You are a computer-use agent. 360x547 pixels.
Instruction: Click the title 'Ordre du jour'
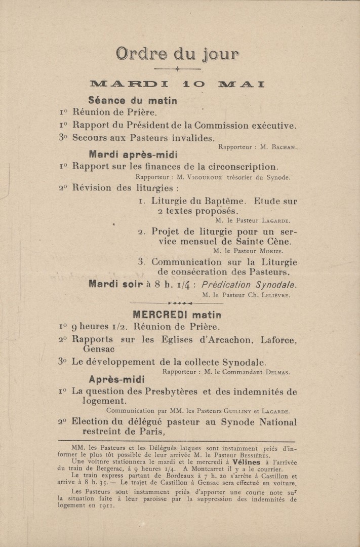tap(177, 54)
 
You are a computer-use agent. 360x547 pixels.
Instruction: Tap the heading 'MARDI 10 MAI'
tap(177, 84)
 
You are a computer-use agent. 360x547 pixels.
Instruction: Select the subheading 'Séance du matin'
tap(133, 101)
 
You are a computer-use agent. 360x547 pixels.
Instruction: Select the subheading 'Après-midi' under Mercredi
tap(117, 379)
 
